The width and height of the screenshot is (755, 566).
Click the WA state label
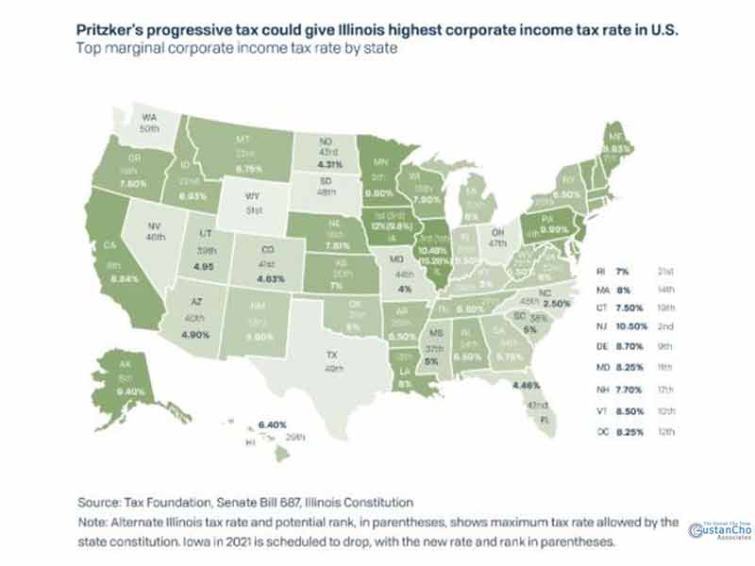pyautogui.click(x=148, y=118)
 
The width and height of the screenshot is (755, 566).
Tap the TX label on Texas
pyautogui.click(x=331, y=355)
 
